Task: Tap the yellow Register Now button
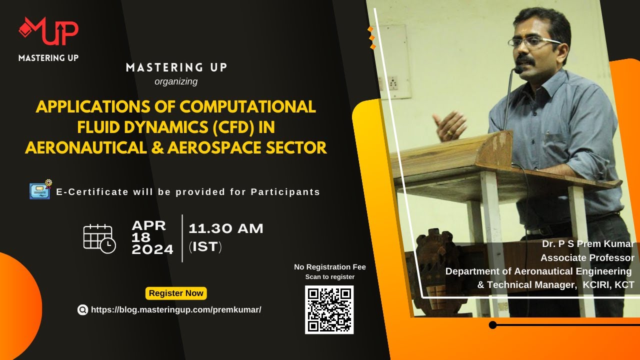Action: click(x=176, y=293)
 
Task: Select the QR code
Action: click(x=329, y=309)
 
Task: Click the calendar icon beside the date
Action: click(x=99, y=238)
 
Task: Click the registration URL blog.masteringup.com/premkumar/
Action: click(x=176, y=309)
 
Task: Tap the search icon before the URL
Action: click(x=82, y=310)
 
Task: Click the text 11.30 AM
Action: click(x=225, y=229)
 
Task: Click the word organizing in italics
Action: click(x=176, y=81)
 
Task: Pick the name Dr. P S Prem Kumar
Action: click(x=588, y=244)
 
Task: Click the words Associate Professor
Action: click(x=587, y=258)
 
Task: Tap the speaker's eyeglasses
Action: click(x=533, y=42)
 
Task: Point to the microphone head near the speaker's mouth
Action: click(x=518, y=70)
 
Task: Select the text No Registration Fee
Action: click(x=329, y=267)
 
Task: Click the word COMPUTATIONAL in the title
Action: click(x=248, y=107)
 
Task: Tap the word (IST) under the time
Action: click(x=205, y=246)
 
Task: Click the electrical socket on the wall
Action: click(x=393, y=82)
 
